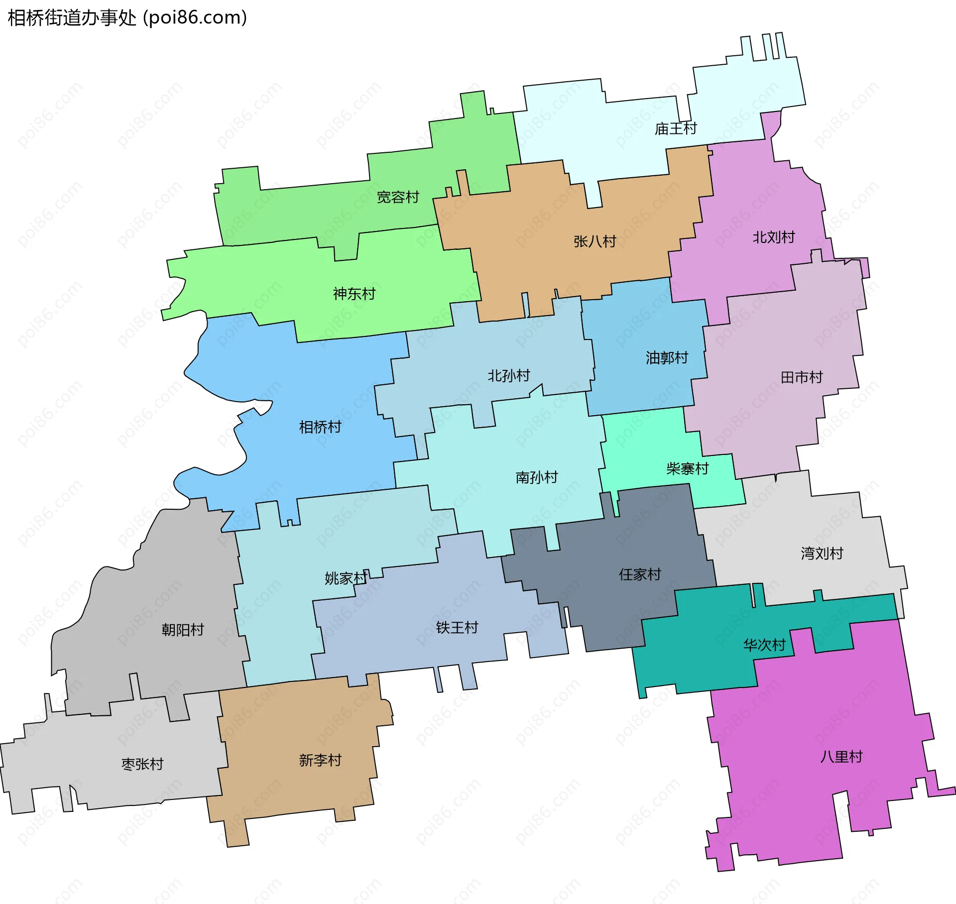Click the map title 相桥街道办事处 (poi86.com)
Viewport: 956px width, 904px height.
[x=127, y=18]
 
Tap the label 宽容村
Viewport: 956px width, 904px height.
[x=397, y=197]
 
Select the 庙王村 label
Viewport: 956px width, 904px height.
[x=675, y=129]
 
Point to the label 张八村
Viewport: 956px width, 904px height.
[x=595, y=241]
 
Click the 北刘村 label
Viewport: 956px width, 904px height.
[x=773, y=237]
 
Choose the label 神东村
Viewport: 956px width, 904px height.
[x=354, y=294]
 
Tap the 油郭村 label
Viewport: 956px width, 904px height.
[x=667, y=357]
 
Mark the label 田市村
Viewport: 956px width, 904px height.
[x=801, y=377]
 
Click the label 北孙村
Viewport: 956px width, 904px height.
[x=508, y=375]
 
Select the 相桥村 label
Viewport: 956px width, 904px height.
[x=320, y=427]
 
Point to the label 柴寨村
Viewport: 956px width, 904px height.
[x=687, y=468]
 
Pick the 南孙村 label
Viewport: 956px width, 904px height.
[x=536, y=477]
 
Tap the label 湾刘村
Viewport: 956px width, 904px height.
[x=822, y=553]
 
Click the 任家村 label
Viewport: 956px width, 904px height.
[x=639, y=574]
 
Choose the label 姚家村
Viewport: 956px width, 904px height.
[x=346, y=578]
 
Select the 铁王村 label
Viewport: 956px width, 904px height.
[x=457, y=627]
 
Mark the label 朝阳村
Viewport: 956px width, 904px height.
[x=183, y=630]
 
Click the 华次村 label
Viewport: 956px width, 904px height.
[x=764, y=645]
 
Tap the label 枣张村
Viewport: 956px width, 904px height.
[x=142, y=764]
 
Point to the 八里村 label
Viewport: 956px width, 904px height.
[x=841, y=757]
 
